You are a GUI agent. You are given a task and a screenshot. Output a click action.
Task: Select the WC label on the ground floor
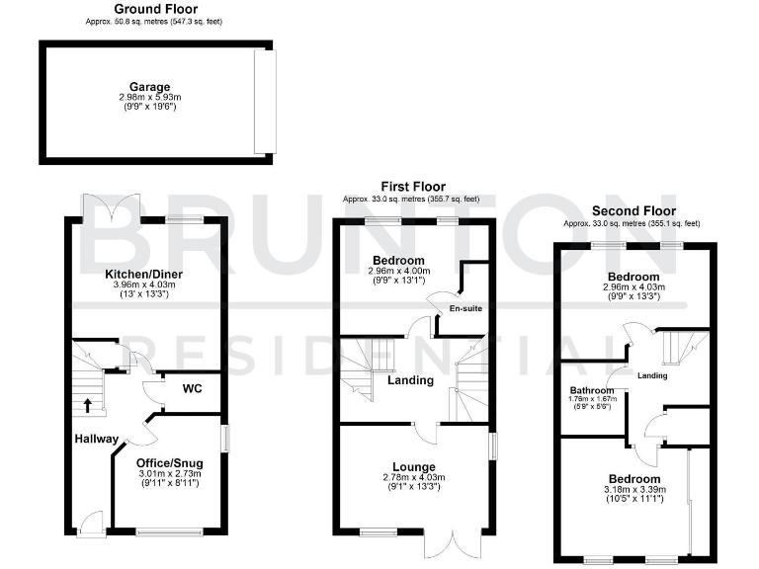point(192,388)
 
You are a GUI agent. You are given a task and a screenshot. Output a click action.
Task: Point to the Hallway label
point(95,439)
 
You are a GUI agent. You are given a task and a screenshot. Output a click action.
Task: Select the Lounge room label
point(414,466)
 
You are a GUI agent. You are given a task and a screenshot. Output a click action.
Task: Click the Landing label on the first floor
point(410,380)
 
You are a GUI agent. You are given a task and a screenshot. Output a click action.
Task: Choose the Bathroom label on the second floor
point(592,390)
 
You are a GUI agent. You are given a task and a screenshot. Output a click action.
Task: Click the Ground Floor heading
point(124,9)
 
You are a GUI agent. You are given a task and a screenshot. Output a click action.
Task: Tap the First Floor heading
point(413,186)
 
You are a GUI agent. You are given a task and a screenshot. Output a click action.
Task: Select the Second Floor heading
point(633,210)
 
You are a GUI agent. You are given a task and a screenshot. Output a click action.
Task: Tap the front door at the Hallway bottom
point(93,524)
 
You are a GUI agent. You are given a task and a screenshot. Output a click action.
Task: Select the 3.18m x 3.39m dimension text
point(634,491)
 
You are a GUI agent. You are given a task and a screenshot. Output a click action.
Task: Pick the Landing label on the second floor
point(651,375)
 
